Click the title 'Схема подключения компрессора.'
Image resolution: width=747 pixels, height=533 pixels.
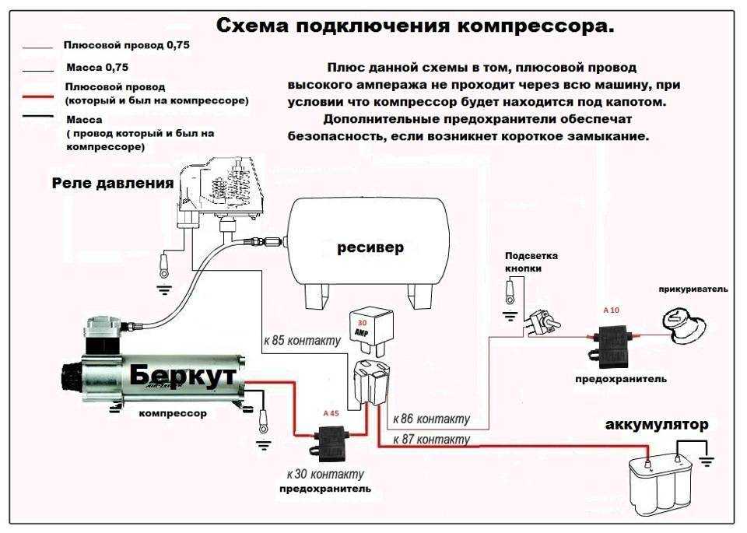[x=415, y=26]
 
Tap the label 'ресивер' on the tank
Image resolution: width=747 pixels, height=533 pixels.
[x=370, y=247]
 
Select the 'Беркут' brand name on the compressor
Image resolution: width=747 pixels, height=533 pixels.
[x=182, y=375]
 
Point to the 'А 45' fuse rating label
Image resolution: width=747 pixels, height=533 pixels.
[x=331, y=413]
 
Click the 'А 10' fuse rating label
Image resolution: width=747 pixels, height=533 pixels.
[x=612, y=310]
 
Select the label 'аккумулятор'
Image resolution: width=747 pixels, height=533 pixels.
[x=657, y=424]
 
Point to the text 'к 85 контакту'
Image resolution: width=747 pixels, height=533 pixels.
[x=303, y=341]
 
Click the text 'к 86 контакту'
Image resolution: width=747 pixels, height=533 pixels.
[x=431, y=419]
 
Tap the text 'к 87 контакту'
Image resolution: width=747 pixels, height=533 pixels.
[x=431, y=439]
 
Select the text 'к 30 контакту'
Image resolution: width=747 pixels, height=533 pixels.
[x=325, y=474]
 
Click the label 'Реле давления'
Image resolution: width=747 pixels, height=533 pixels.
[x=112, y=184]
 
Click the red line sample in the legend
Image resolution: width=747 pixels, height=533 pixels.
[x=37, y=96]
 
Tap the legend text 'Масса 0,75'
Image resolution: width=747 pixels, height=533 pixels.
[x=97, y=67]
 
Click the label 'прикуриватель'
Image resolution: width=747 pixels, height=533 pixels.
[x=693, y=289]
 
